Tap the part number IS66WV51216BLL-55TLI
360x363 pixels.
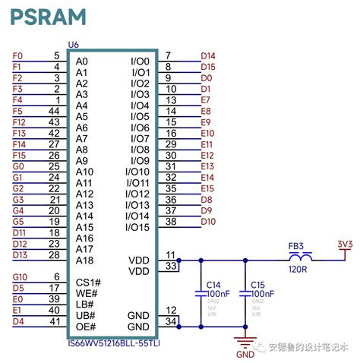point(115,342)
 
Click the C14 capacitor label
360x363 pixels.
point(214,285)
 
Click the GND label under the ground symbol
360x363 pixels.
point(245,354)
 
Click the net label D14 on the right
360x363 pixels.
point(208,56)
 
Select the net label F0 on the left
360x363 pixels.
point(19,56)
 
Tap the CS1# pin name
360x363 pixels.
point(89,283)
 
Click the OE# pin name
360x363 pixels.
point(85,327)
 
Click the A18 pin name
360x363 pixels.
point(84,260)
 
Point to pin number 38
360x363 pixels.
point(171,222)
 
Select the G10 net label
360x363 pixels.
point(21,277)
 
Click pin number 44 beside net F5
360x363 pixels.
point(54,111)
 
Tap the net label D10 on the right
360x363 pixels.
point(208,222)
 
